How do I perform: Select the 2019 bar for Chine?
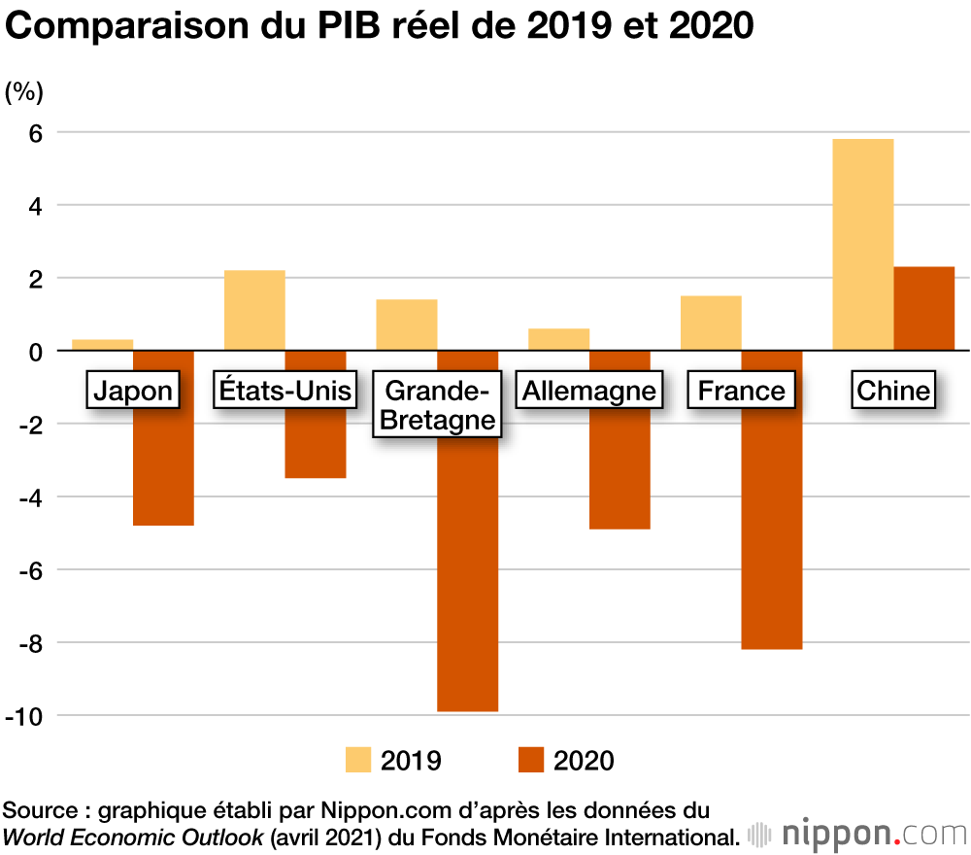[x=863, y=244]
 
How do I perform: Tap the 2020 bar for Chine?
[x=924, y=308]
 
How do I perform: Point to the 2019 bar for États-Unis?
[x=254, y=310]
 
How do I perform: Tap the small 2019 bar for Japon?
[x=102, y=345]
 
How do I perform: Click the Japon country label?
[x=133, y=391]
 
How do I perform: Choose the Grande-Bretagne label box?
[x=437, y=405]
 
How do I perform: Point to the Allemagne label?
[x=589, y=391]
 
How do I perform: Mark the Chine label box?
[x=893, y=391]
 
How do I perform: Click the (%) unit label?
[x=24, y=92]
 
